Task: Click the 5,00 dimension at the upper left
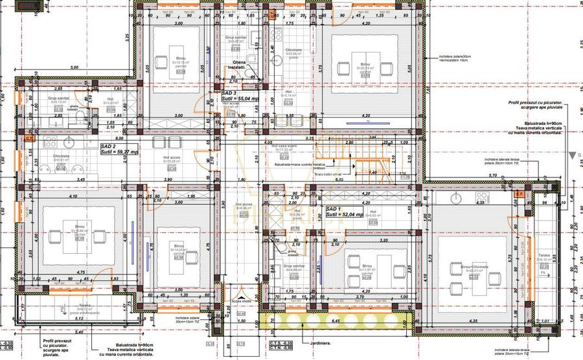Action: click(74, 67)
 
